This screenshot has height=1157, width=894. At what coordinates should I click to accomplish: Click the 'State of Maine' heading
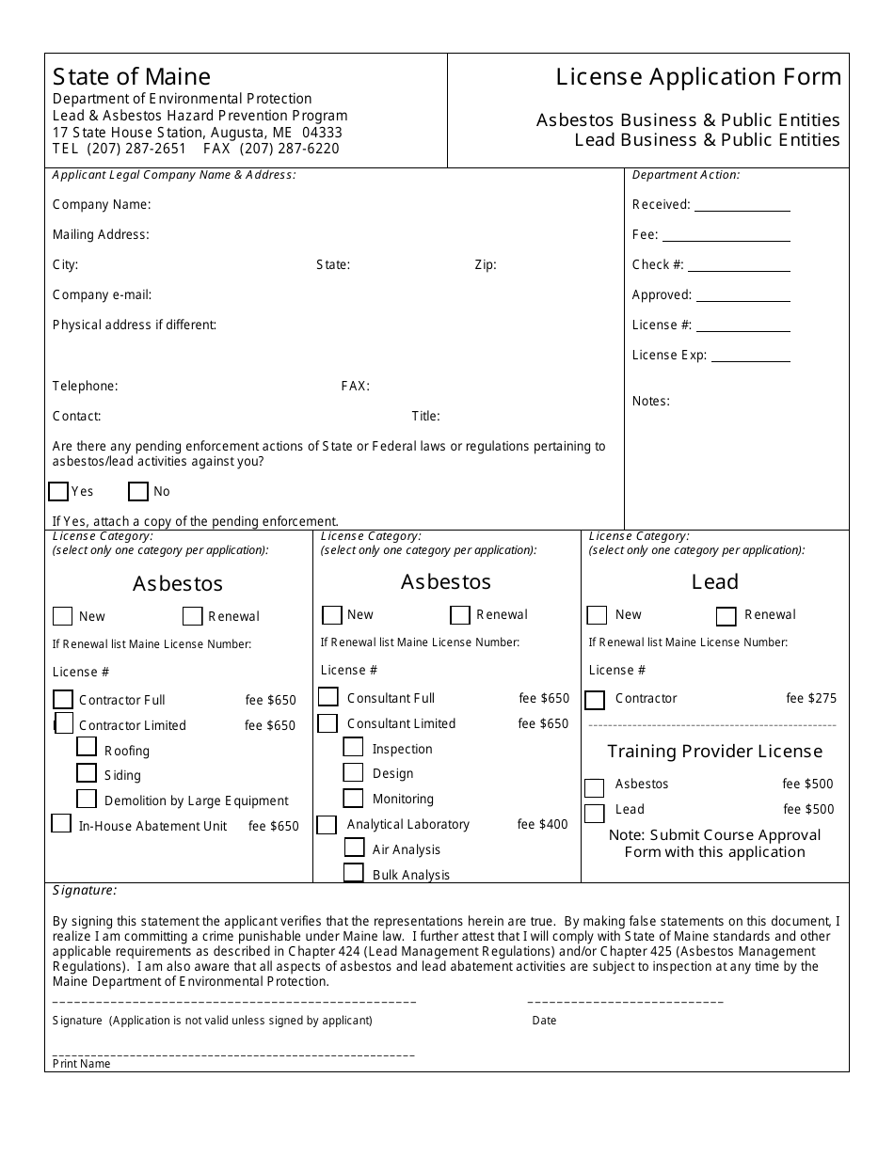pyautogui.click(x=132, y=76)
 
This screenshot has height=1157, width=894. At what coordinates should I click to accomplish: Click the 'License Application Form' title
pyautogui.click(x=698, y=76)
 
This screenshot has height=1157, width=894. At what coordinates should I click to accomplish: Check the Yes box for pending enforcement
pyautogui.click(x=58, y=491)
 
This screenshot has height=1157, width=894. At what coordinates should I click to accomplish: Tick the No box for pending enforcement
pyautogui.click(x=138, y=491)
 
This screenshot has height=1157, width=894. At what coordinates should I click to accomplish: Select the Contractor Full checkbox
pyautogui.click(x=63, y=699)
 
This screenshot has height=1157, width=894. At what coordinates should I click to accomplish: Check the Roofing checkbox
pyautogui.click(x=87, y=747)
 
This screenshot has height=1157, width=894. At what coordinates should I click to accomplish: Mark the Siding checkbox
pyautogui.click(x=87, y=773)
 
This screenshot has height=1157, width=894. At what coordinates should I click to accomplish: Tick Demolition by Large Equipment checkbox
pyautogui.click(x=87, y=799)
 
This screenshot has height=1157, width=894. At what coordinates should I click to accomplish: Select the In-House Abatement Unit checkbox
pyautogui.click(x=61, y=824)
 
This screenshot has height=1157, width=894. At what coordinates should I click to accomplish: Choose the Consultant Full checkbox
pyautogui.click(x=328, y=697)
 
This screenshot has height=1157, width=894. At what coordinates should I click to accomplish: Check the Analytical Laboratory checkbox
pyautogui.click(x=327, y=825)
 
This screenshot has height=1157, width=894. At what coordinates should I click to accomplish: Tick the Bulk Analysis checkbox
pyautogui.click(x=354, y=873)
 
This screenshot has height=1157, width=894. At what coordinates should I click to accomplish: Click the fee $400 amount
pyautogui.click(x=543, y=824)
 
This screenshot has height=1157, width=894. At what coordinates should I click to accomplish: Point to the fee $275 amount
pyautogui.click(x=811, y=698)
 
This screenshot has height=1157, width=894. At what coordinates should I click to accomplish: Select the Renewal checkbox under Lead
pyautogui.click(x=726, y=616)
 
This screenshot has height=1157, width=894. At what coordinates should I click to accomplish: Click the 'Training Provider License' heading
pyautogui.click(x=714, y=751)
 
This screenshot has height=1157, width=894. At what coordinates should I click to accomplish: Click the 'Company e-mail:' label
pyautogui.click(x=102, y=294)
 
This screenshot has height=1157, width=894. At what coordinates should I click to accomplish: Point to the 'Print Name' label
pyautogui.click(x=82, y=1064)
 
